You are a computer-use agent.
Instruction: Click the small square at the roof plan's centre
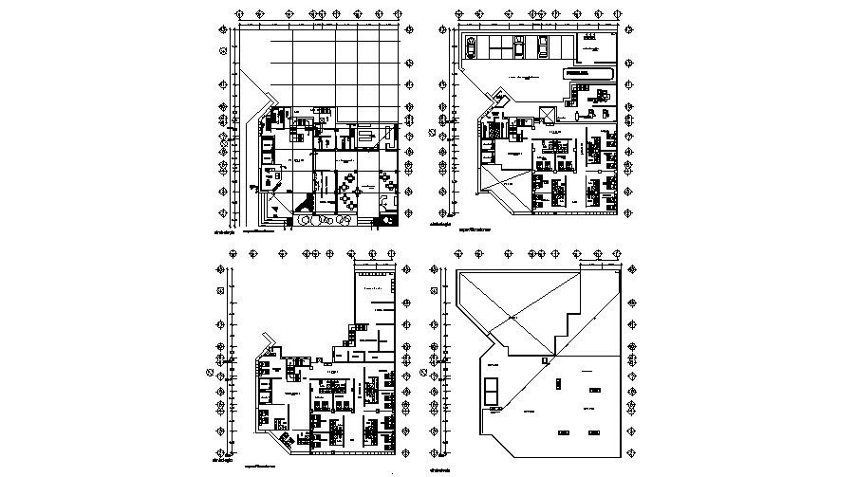[545, 360]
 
